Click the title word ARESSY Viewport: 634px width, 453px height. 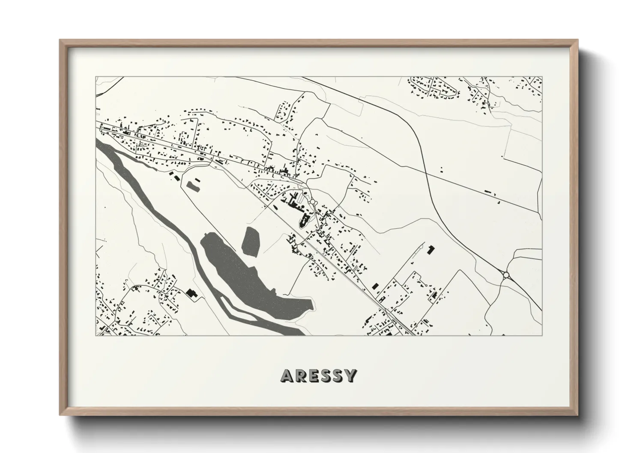click(x=318, y=376)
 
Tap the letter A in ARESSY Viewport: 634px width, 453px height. click(x=286, y=376)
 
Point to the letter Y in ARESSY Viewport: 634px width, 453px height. click(x=350, y=376)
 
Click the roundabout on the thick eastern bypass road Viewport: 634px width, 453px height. click(x=506, y=275)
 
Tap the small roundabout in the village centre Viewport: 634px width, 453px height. click(x=312, y=201)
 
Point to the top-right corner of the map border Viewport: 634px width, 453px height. click(x=542, y=77)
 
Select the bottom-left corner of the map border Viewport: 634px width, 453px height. click(x=96, y=335)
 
